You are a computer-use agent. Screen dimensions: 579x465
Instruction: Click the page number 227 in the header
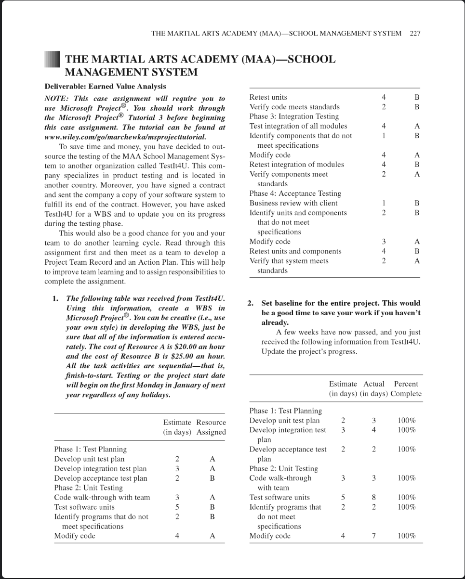pos(415,33)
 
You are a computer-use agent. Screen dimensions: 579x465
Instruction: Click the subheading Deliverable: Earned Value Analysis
pos(105,86)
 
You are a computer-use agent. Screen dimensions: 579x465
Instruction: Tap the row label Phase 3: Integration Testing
pos(294,116)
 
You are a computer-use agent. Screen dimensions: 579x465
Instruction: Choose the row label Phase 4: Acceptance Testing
pos(295,193)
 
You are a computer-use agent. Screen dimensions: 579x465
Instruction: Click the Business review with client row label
pos(293,203)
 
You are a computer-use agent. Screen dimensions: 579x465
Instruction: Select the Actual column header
pos(373,384)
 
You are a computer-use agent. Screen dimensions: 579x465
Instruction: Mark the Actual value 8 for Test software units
pos(373,497)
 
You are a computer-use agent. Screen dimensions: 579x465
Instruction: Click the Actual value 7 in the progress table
pos(373,536)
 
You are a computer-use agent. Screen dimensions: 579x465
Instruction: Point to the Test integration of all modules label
pos(298,126)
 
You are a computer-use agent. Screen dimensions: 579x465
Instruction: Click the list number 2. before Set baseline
pos(251,303)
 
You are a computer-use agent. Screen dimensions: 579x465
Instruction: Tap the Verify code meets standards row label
pos(294,107)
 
